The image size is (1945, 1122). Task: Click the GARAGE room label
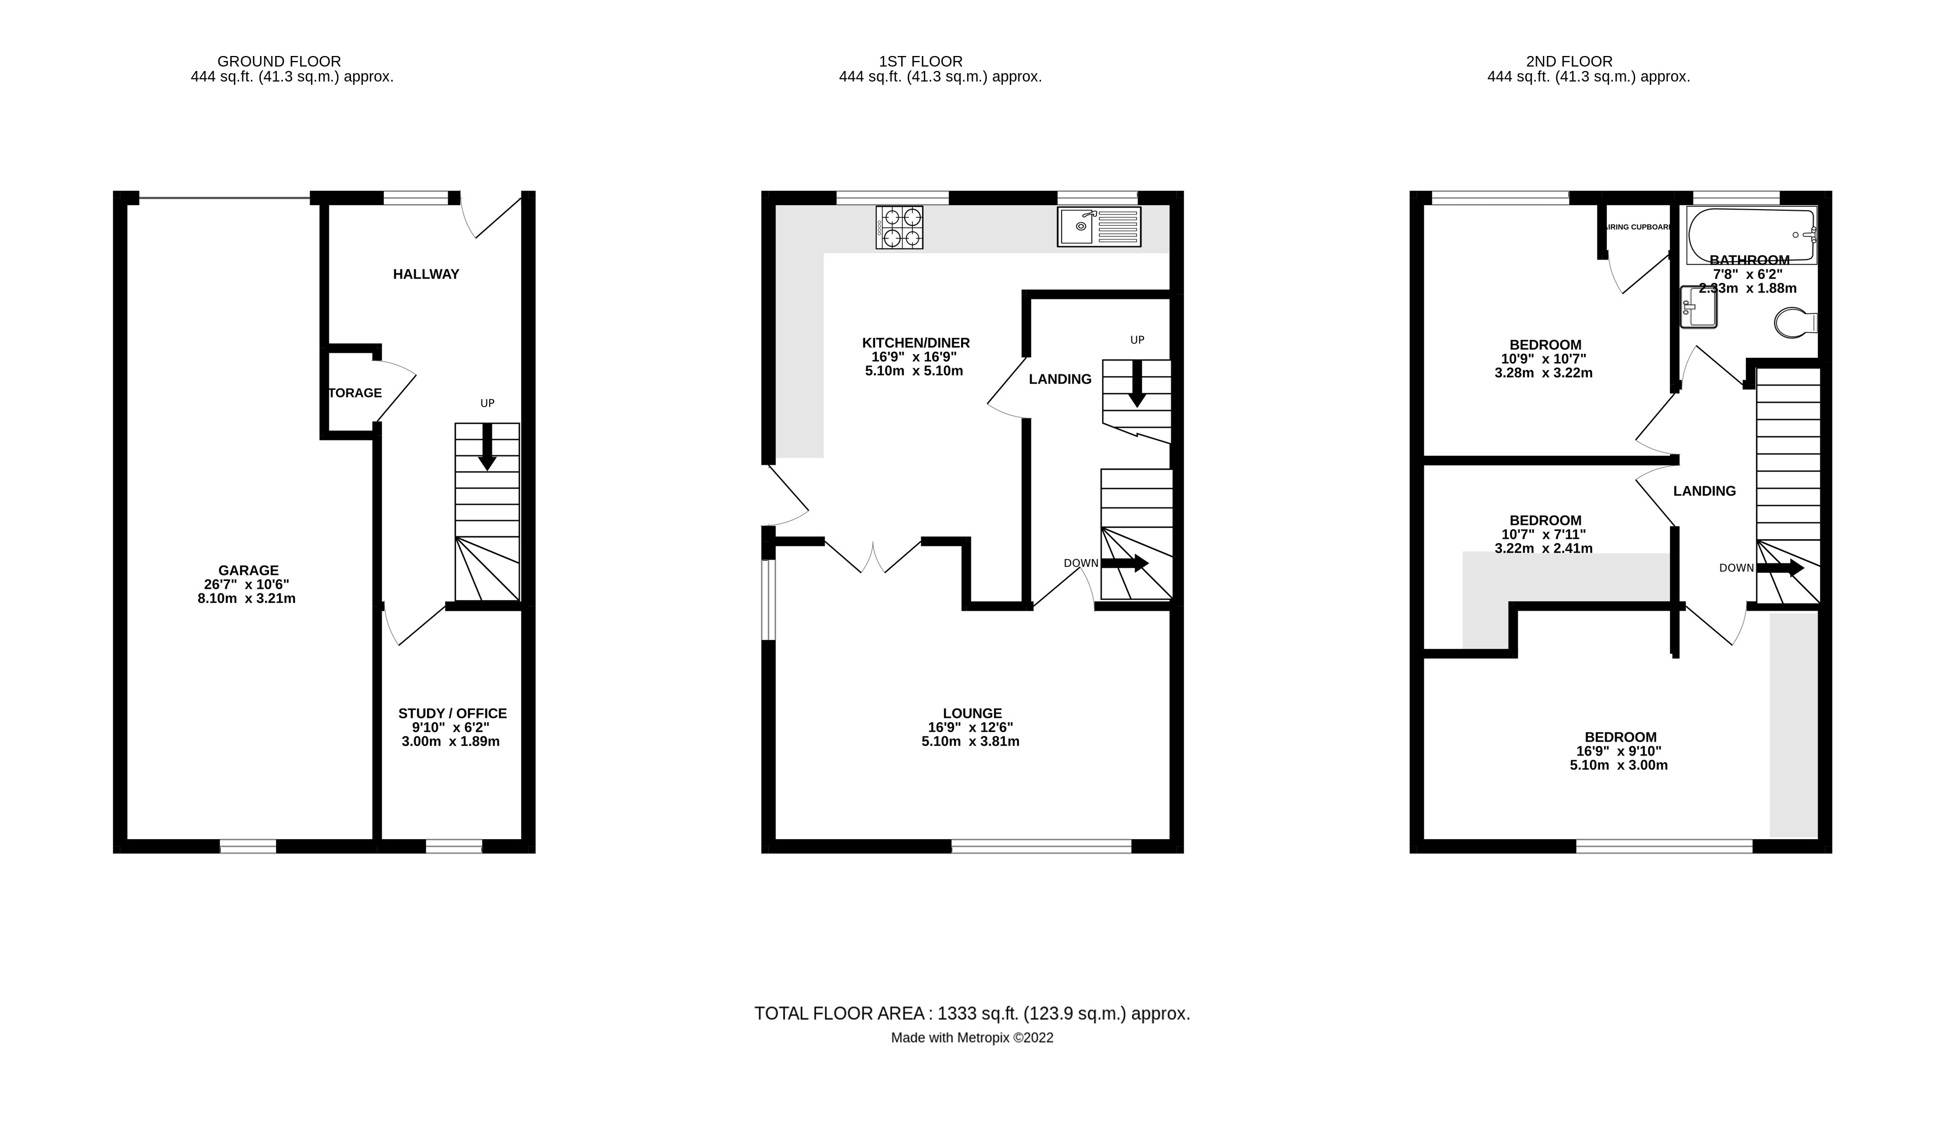[247, 570]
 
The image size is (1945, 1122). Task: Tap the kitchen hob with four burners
[898, 227]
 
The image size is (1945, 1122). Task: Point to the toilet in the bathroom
[1794, 323]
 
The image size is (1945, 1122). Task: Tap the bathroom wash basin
[1698, 307]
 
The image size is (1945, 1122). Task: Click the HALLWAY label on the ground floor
[425, 275]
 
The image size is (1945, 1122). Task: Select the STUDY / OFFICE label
[453, 714]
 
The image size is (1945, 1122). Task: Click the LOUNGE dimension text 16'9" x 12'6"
[969, 728]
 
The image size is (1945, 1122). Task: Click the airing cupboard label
[1638, 227]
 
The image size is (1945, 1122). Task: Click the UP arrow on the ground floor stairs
[487, 447]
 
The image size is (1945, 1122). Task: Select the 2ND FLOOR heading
[1568, 62]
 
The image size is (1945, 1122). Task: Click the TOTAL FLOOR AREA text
[971, 1013]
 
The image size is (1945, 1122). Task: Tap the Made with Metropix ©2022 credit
[971, 1038]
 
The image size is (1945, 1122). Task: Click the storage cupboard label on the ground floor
[354, 393]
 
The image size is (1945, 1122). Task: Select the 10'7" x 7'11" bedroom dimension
[1543, 535]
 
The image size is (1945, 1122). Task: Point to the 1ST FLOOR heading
[920, 62]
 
